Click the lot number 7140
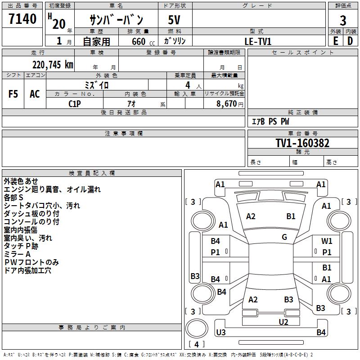pos(22,19)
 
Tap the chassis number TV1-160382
pos(302,143)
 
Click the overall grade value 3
pos(343,20)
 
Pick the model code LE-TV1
pos(258,41)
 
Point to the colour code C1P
pos(75,103)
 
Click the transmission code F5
pos(13,94)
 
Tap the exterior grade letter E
pos(335,41)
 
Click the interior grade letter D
pos(350,41)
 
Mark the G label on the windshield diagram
pos(284,237)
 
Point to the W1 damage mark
pos(327,241)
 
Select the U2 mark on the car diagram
pos(283,321)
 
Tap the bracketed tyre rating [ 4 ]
pos(197,344)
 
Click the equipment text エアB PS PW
pos(270,122)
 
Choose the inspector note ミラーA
pos(18,254)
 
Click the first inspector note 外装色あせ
pos(21,181)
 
